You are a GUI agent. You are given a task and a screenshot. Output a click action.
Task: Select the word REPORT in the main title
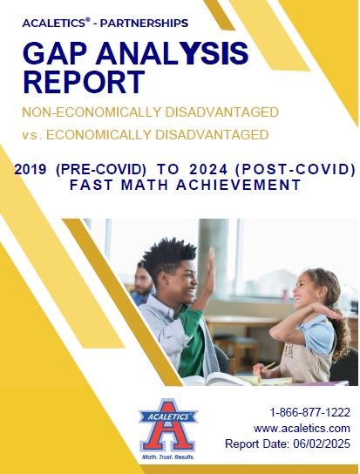tap(84, 82)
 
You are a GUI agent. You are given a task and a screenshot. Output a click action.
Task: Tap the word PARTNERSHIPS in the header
tap(144, 23)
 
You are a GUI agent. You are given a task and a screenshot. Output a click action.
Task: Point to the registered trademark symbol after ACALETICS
tap(88, 20)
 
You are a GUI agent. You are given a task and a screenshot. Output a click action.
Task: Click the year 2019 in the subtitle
tap(31, 170)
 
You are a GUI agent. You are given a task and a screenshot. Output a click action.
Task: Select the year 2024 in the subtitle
tap(208, 170)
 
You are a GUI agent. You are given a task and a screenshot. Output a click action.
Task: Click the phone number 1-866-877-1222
tap(310, 412)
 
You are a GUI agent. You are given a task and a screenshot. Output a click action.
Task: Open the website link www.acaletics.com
tap(302, 429)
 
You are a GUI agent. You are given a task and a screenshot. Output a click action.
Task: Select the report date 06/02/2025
tap(322, 444)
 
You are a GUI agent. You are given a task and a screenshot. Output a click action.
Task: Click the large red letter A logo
tap(167, 425)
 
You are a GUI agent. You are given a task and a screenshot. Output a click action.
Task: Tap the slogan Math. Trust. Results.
tap(168, 457)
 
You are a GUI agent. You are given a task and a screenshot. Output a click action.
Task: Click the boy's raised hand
tap(211, 266)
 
